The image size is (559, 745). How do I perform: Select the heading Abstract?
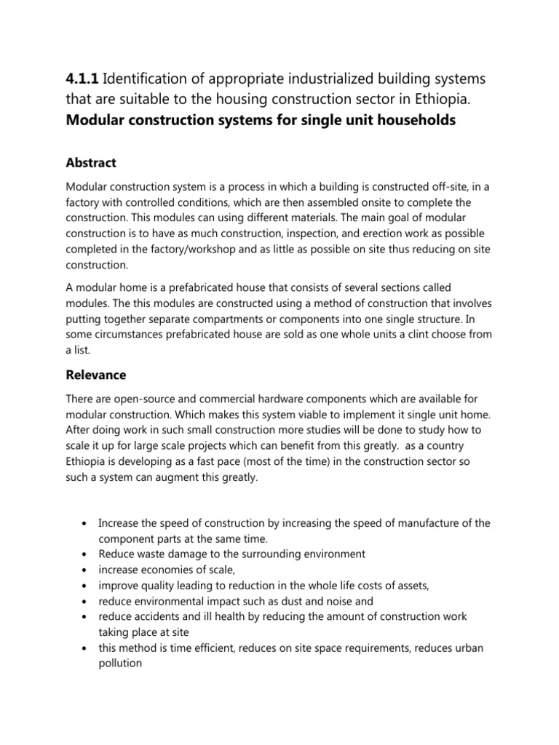point(91,162)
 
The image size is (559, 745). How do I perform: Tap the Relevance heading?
point(95,375)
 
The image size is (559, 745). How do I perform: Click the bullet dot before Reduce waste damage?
point(85,554)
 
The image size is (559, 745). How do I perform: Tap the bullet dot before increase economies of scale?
point(85,570)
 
